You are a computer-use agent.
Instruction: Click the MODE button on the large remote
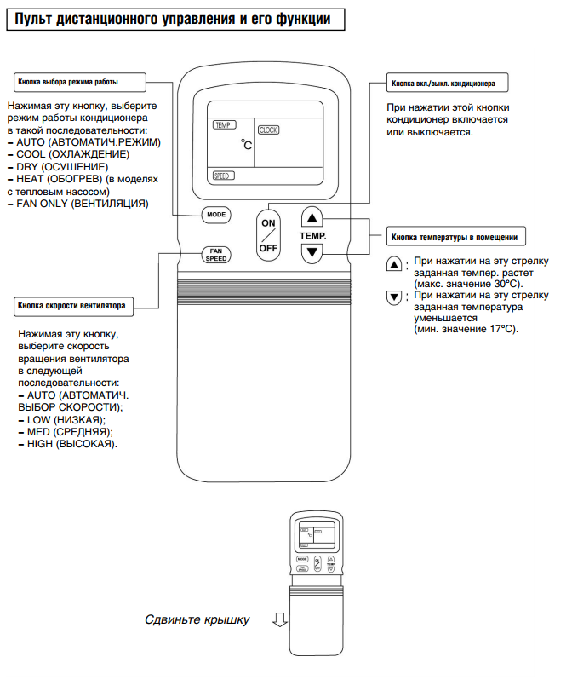click(x=216, y=215)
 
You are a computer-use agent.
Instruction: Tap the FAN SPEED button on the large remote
click(x=216, y=254)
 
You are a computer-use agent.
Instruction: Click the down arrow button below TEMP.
click(x=312, y=252)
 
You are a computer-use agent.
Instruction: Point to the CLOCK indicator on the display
click(x=269, y=130)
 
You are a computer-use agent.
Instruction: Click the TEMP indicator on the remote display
click(x=223, y=124)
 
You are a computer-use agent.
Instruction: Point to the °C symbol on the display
click(x=246, y=146)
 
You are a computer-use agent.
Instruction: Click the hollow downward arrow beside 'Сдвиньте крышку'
click(x=278, y=619)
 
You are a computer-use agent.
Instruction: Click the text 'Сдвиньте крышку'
click(x=197, y=619)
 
